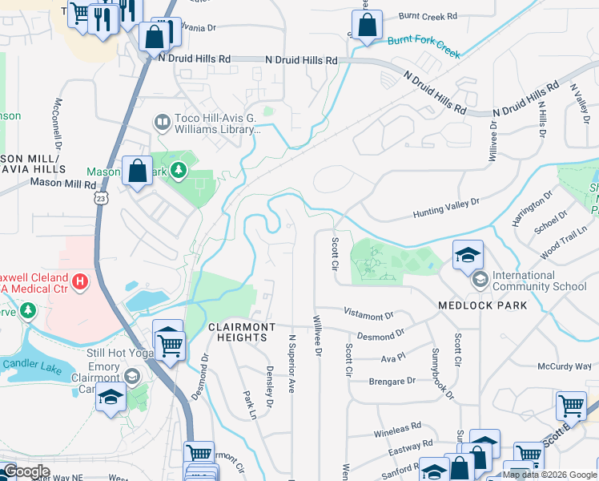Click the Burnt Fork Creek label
pyautogui.click(x=424, y=46)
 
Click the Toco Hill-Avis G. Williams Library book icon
pyautogui.click(x=162, y=122)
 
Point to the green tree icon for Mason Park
pyautogui.click(x=177, y=170)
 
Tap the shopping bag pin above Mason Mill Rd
pyautogui.click(x=138, y=171)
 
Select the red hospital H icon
pyautogui.click(x=80, y=281)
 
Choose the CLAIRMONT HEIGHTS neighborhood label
pyautogui.click(x=242, y=332)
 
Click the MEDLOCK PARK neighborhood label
pyautogui.click(x=482, y=305)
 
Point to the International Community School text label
pyautogui.click(x=539, y=281)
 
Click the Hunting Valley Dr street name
pyautogui.click(x=446, y=209)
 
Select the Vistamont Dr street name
pyautogui.click(x=368, y=313)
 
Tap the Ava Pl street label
pyautogui.click(x=393, y=358)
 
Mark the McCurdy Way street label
pyautogui.click(x=564, y=366)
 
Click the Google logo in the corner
pyautogui.click(x=26, y=471)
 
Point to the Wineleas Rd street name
pyautogui.click(x=396, y=429)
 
